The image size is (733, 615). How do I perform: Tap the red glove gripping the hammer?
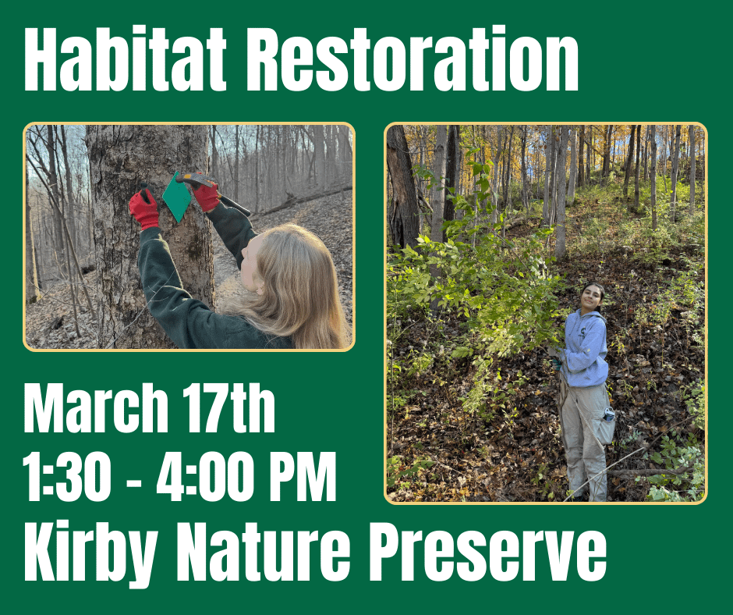click(207, 196)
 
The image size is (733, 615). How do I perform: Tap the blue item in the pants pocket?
click(608, 414)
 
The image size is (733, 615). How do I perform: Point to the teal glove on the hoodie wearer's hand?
click(556, 361)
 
